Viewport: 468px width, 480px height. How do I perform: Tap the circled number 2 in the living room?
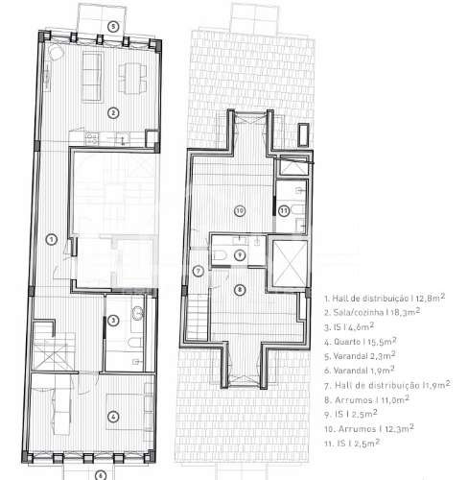point(113,112)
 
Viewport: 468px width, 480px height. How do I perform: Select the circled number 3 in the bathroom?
point(113,321)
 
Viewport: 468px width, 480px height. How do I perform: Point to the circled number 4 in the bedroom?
point(113,416)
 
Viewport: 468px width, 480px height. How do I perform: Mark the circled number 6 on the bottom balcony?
point(99,473)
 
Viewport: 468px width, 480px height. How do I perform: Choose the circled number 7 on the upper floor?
point(198,271)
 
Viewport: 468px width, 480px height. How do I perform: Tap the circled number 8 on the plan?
point(240,289)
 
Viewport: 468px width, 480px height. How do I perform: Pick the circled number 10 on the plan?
point(240,209)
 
